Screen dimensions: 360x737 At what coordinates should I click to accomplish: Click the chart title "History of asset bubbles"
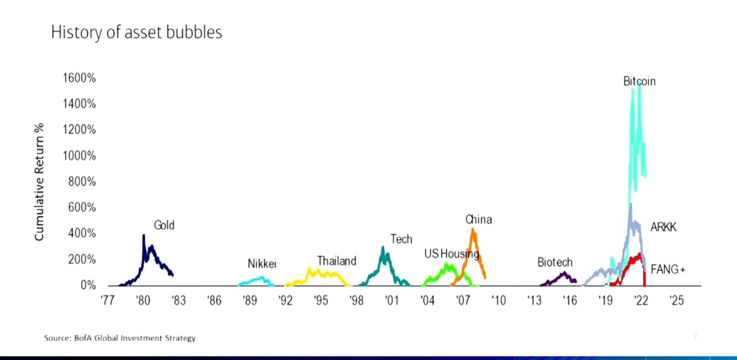click(x=136, y=32)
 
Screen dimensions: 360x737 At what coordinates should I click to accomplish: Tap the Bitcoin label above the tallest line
click(x=639, y=81)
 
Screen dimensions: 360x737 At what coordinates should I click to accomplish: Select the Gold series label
click(x=164, y=225)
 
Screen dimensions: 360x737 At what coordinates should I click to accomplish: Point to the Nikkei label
click(x=262, y=264)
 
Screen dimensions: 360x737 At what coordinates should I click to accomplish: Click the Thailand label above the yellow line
click(x=336, y=261)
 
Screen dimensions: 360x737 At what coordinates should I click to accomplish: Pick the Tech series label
click(x=401, y=239)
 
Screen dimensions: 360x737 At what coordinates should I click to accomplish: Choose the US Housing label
click(x=452, y=254)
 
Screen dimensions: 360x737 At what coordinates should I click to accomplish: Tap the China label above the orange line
click(x=478, y=220)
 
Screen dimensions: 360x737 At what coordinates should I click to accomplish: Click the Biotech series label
click(x=555, y=262)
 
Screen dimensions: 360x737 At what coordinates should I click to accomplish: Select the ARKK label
click(x=663, y=227)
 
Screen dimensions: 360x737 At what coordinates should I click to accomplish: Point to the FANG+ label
click(x=668, y=269)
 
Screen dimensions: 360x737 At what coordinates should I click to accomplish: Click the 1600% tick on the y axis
click(x=79, y=78)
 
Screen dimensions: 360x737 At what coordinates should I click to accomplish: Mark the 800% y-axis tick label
click(x=82, y=181)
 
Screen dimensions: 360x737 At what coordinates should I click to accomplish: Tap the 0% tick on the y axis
click(x=88, y=285)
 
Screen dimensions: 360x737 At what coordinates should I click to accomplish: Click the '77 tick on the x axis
click(x=108, y=300)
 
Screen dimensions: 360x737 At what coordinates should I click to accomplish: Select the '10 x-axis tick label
click(x=498, y=300)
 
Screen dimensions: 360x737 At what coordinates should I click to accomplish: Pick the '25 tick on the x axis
click(x=677, y=300)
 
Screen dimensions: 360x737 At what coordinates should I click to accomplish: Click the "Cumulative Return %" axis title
click(x=39, y=182)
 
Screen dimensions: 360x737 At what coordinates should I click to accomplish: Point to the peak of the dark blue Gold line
click(x=144, y=235)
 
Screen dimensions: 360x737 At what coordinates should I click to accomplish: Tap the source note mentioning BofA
click(x=120, y=338)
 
